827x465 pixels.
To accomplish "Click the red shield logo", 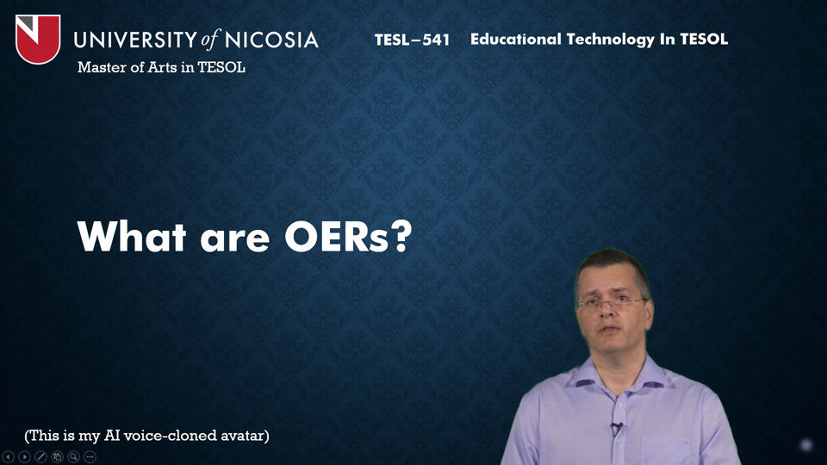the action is coord(38,39).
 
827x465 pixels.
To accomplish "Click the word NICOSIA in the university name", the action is coord(271,40).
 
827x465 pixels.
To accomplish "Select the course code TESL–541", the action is coord(412,40).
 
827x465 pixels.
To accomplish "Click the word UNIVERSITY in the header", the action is coord(135,40).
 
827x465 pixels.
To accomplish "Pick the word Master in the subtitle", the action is coord(97,67).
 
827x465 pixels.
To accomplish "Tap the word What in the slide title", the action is coord(132,236).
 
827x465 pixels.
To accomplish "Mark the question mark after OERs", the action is coord(401,237).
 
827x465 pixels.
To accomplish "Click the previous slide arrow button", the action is coord(8,456).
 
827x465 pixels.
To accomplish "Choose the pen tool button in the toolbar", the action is coord(40,456).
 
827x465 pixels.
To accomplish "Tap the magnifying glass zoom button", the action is coord(73,456).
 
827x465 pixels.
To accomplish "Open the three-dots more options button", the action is coord(90,456).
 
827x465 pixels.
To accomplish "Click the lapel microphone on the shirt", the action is coord(616,428).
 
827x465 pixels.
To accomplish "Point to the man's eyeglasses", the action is coord(612,302).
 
